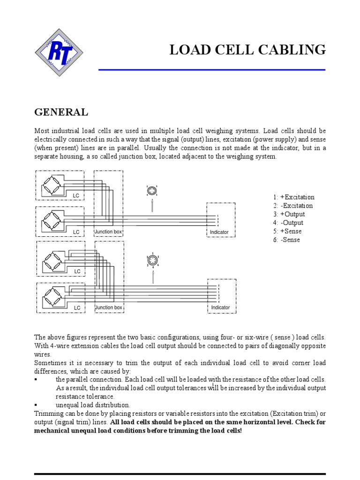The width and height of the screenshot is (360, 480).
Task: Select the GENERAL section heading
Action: [x=61, y=112]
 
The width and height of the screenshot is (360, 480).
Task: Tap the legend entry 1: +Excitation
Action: [x=294, y=197]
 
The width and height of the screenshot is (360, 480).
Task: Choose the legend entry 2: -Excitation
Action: [x=293, y=206]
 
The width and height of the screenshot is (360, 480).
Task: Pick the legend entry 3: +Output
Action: [x=288, y=214]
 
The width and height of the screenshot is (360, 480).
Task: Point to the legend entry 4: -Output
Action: [x=288, y=223]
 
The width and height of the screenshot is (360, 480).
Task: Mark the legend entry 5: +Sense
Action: [x=287, y=231]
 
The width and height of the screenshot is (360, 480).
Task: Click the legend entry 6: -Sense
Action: [x=286, y=240]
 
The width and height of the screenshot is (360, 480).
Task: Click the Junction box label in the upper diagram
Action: [x=109, y=232]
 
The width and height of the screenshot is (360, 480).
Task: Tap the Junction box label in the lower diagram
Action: [x=109, y=307]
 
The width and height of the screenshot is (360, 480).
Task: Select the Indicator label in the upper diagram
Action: [x=219, y=232]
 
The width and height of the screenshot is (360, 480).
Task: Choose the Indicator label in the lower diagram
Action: [x=220, y=307]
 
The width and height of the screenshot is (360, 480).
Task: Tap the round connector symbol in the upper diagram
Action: [x=152, y=191]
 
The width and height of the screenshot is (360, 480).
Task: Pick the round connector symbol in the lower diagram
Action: [x=153, y=261]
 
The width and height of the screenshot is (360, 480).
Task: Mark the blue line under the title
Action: [x=211, y=70]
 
